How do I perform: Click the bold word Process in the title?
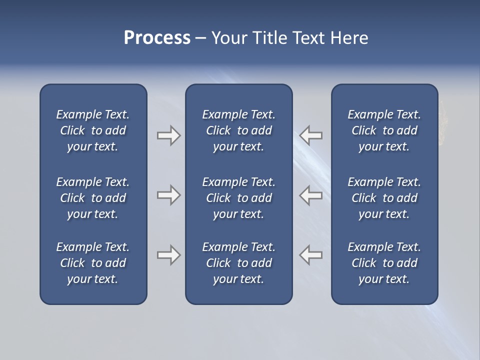pyautogui.click(x=157, y=38)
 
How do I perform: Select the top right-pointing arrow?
pyautogui.click(x=168, y=135)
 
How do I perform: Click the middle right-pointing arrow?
pyautogui.click(x=168, y=195)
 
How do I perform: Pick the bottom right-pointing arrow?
pyautogui.click(x=168, y=255)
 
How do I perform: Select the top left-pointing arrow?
pyautogui.click(x=311, y=135)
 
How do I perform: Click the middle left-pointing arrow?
pyautogui.click(x=311, y=195)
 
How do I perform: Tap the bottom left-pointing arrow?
pyautogui.click(x=311, y=255)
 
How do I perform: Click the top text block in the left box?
pyautogui.click(x=93, y=130)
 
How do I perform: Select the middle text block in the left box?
pyautogui.click(x=93, y=198)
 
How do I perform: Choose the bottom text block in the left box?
pyautogui.click(x=93, y=263)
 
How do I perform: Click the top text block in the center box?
pyautogui.click(x=239, y=130)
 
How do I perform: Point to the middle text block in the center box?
pyautogui.click(x=239, y=198)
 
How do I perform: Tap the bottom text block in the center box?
pyautogui.click(x=239, y=263)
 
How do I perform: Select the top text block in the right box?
pyautogui.click(x=384, y=130)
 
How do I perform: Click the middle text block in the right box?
pyautogui.click(x=384, y=198)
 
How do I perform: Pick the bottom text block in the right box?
pyautogui.click(x=384, y=263)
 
